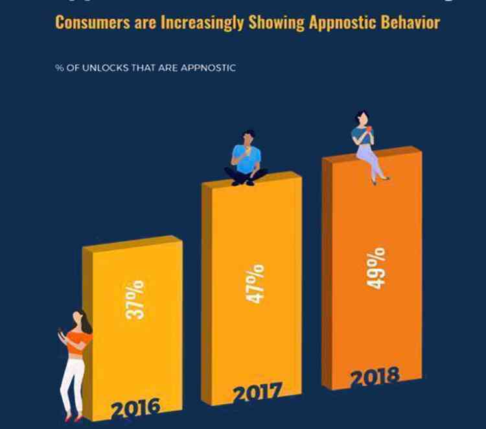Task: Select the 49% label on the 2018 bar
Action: click(377, 267)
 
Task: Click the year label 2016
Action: click(135, 408)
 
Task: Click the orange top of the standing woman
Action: click(79, 341)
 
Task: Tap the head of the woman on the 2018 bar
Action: click(361, 117)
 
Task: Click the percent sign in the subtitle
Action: click(58, 67)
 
